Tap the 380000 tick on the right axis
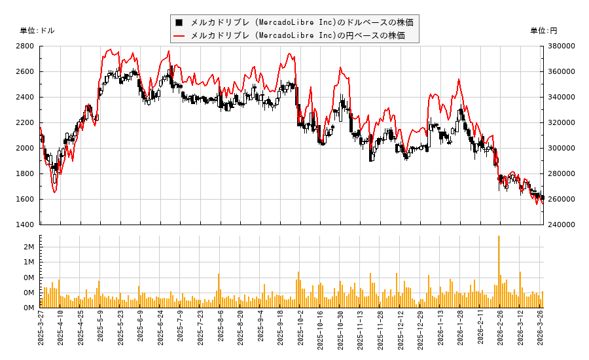[562, 46]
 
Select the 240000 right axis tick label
[562, 225]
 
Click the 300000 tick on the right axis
[562, 148]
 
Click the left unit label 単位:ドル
[37, 31]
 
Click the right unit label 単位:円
[543, 31]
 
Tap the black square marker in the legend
[179, 22]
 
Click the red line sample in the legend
[179, 35]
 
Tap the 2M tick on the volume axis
[29, 247]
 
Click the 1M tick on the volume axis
[29, 262]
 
